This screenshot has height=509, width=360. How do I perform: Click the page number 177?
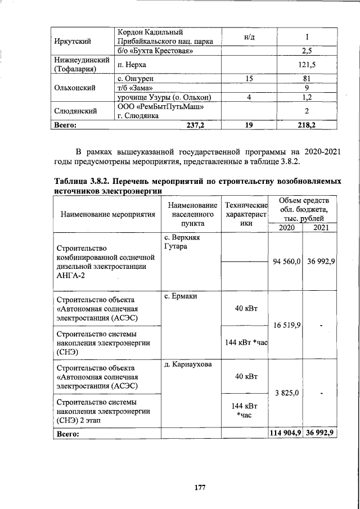(199, 488)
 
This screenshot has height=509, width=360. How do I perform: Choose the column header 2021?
(320, 227)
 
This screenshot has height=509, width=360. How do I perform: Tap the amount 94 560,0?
(284, 262)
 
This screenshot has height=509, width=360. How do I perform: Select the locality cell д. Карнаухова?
(187, 364)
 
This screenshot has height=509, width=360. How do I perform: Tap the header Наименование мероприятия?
(107, 214)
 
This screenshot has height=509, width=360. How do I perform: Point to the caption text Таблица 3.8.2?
(87, 182)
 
